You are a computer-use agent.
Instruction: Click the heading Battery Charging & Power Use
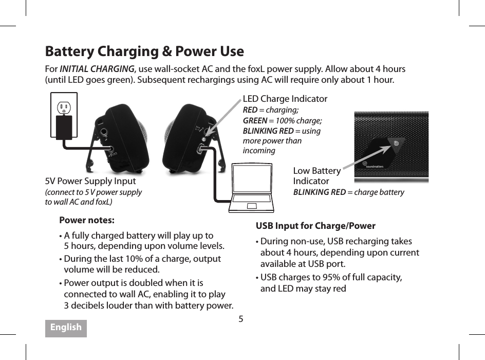tap(144, 51)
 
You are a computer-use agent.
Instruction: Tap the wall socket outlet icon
tap(64, 107)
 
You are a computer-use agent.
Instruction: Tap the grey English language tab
tap(66, 328)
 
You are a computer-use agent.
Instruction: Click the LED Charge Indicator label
tap(285, 99)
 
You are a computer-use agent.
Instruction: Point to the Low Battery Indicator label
tap(316, 176)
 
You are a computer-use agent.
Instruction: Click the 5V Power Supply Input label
tap(90, 181)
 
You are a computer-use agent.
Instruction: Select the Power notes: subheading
tap(87, 221)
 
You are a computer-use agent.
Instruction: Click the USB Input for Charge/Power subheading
tap(315, 226)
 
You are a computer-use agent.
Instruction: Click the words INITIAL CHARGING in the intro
tap(97, 69)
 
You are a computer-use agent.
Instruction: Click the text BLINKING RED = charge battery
tap(348, 192)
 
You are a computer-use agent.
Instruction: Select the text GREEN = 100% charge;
tap(282, 120)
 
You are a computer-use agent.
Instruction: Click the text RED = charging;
tap(270, 110)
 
